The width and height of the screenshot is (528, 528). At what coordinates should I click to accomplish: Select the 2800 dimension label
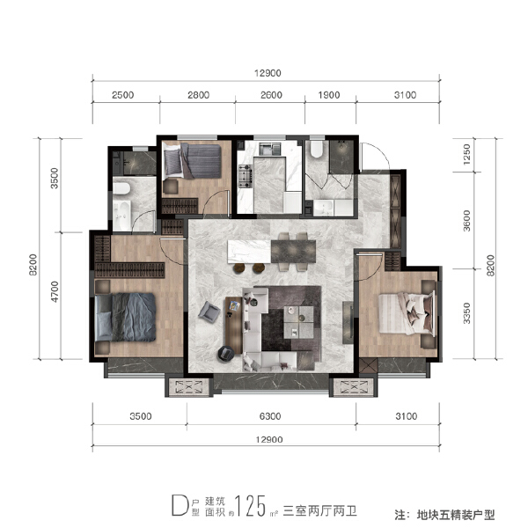(198, 95)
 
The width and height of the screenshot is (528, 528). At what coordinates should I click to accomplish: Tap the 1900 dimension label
(327, 95)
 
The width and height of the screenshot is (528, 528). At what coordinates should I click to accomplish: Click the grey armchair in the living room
(211, 310)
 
